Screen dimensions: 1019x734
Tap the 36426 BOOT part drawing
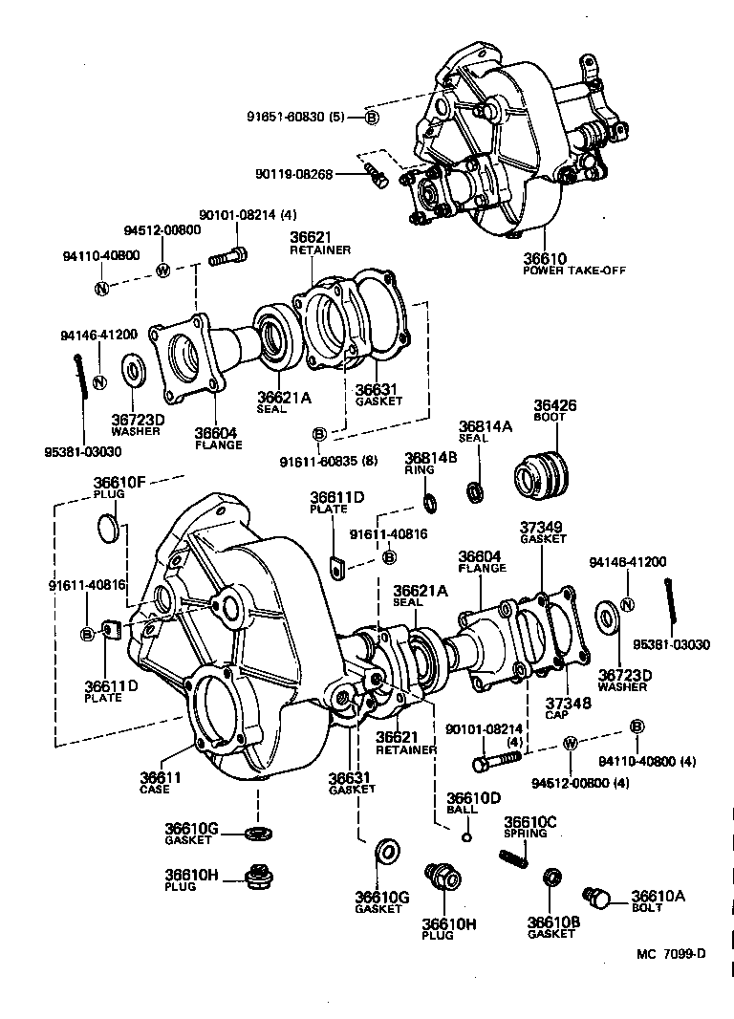point(540,474)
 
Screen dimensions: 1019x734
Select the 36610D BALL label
point(474,803)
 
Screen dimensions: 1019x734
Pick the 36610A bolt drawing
point(598,898)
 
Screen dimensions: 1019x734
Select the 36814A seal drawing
point(474,492)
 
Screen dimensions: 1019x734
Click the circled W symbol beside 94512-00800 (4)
point(571,743)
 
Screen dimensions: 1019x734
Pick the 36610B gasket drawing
point(551,878)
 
